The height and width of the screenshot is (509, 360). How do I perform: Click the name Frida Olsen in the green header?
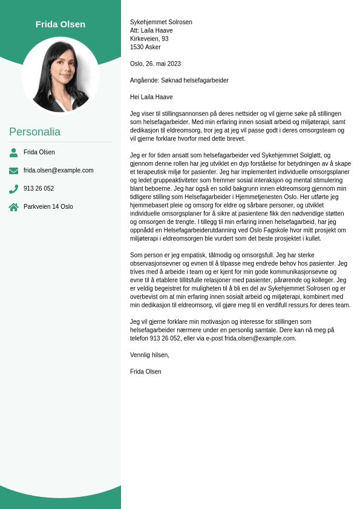[61, 24]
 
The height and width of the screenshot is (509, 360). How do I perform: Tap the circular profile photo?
[61, 76]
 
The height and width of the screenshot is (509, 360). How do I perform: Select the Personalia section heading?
[34, 132]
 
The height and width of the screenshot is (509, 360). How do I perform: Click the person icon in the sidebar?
[13, 153]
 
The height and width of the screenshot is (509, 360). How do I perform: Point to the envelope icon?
[13, 171]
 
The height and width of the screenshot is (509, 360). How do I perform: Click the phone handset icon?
[13, 189]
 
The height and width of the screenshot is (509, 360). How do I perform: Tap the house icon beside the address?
[13, 207]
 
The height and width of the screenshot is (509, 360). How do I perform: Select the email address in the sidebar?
[59, 171]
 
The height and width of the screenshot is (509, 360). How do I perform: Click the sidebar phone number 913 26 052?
[39, 189]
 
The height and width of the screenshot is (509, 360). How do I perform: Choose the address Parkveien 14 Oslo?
[48, 207]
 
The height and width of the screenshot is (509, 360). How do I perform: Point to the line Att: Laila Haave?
[151, 31]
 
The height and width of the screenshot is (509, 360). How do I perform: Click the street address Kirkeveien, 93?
[149, 39]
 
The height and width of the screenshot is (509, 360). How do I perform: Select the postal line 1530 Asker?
[145, 47]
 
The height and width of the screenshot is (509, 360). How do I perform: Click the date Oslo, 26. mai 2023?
[155, 64]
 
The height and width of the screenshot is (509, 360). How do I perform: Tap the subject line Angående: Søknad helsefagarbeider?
[179, 80]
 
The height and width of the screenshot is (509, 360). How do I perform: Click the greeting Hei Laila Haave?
[151, 97]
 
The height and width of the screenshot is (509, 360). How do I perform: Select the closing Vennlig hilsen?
[149, 355]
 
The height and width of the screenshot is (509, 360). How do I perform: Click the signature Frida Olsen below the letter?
[146, 372]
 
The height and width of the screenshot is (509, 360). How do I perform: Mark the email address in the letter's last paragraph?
[260, 338]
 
